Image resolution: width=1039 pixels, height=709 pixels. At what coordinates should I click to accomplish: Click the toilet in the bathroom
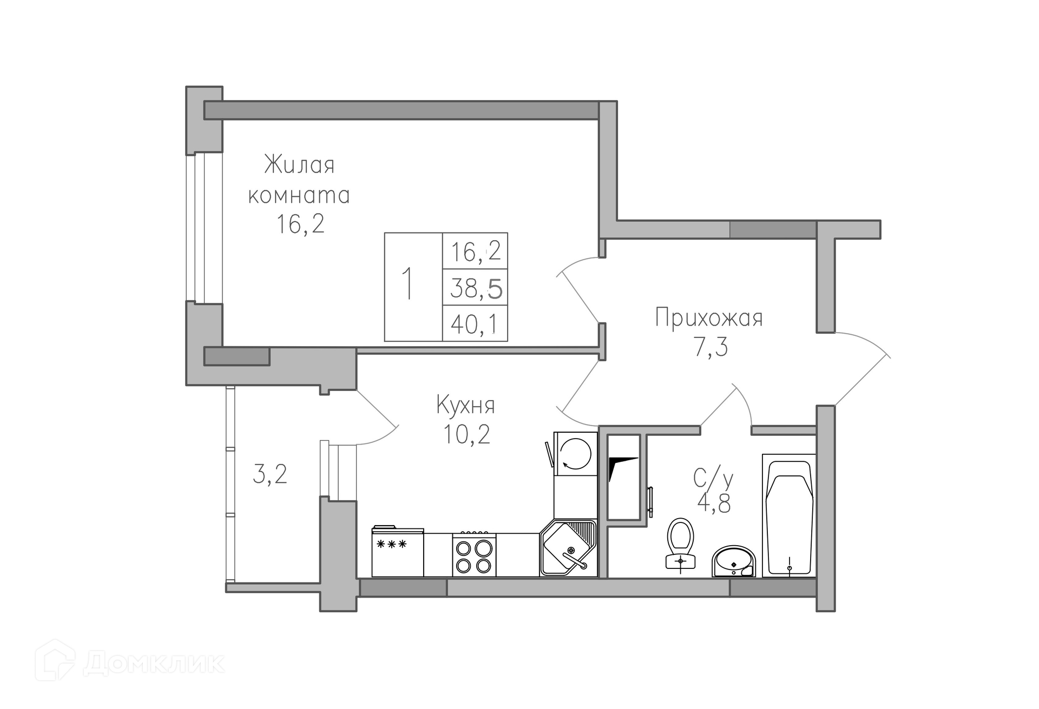(x=680, y=544)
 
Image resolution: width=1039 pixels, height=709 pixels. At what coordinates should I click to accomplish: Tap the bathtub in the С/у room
(x=789, y=515)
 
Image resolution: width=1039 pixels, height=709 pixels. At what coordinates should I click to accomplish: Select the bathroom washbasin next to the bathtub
(x=734, y=561)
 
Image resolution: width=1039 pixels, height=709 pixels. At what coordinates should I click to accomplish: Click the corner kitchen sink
(x=569, y=548)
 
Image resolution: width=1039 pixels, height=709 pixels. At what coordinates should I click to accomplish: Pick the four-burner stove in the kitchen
(x=475, y=554)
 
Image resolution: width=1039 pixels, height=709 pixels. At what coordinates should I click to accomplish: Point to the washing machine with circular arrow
(x=575, y=453)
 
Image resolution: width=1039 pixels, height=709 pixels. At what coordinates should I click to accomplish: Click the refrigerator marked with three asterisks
(x=397, y=551)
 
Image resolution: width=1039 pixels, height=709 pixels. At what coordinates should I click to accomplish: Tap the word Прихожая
(x=708, y=317)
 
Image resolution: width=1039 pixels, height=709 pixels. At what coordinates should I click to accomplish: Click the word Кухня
(x=465, y=406)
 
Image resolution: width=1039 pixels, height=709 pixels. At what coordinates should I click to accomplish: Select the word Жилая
(x=299, y=164)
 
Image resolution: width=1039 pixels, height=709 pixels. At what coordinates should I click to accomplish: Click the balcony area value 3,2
(x=270, y=474)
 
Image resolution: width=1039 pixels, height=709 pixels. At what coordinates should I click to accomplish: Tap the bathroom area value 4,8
(x=714, y=503)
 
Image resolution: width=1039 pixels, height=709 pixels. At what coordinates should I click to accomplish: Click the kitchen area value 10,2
(x=466, y=434)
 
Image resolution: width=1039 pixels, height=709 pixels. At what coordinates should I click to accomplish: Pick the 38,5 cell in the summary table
(x=475, y=288)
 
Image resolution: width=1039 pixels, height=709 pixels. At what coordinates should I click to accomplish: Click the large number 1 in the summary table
(x=409, y=283)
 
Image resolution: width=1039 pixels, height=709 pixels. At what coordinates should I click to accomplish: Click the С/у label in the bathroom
(x=714, y=478)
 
